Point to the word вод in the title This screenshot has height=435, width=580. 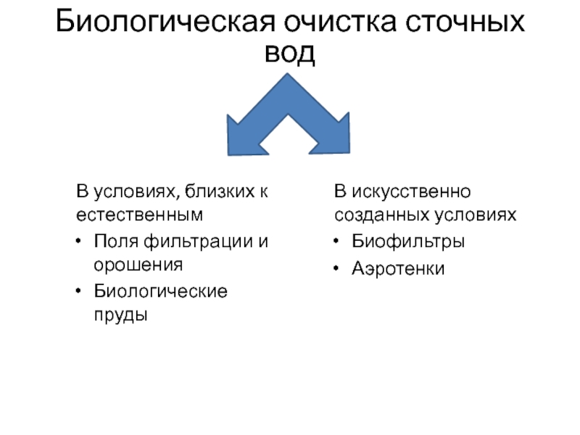pyautogui.click(x=290, y=53)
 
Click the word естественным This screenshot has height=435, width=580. pyautogui.click(x=138, y=215)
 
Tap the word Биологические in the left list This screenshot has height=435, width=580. pyautogui.click(x=160, y=291)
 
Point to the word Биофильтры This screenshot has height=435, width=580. pyautogui.click(x=408, y=241)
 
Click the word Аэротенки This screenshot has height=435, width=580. pyautogui.click(x=399, y=268)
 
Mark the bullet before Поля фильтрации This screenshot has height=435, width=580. pyautogui.click(x=78, y=241)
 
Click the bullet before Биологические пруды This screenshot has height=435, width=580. pyautogui.click(x=78, y=292)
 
